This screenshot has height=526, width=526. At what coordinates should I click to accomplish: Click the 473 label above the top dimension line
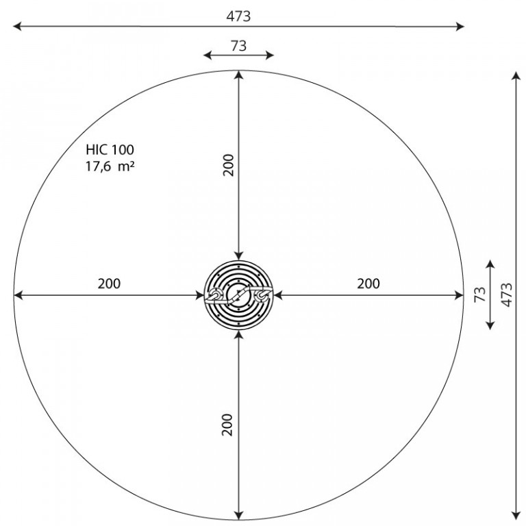(238, 16)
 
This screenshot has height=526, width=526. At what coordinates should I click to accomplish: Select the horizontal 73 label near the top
(238, 46)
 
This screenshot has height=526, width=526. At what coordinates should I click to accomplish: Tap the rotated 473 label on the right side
(507, 295)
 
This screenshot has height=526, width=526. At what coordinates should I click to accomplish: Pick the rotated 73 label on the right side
(480, 295)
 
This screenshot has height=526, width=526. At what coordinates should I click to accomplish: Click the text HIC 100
(110, 149)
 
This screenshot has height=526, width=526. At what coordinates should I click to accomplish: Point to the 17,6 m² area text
(110, 166)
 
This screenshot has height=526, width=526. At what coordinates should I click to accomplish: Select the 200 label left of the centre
(109, 284)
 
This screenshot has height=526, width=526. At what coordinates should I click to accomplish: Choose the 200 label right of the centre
(368, 284)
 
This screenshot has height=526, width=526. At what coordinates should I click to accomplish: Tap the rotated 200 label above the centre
(228, 164)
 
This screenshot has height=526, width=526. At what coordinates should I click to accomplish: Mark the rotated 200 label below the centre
(227, 425)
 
